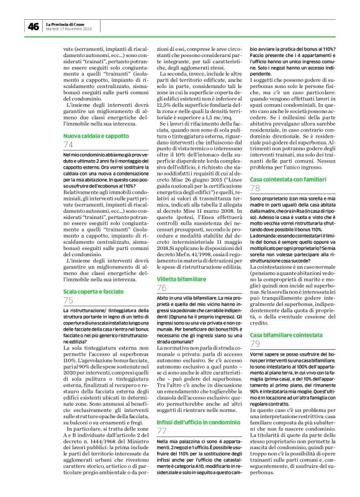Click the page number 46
pyautogui.click(x=32, y=26)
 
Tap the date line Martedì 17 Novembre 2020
pyautogui.click(x=69, y=29)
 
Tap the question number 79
pyautogui.click(x=254, y=344)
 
